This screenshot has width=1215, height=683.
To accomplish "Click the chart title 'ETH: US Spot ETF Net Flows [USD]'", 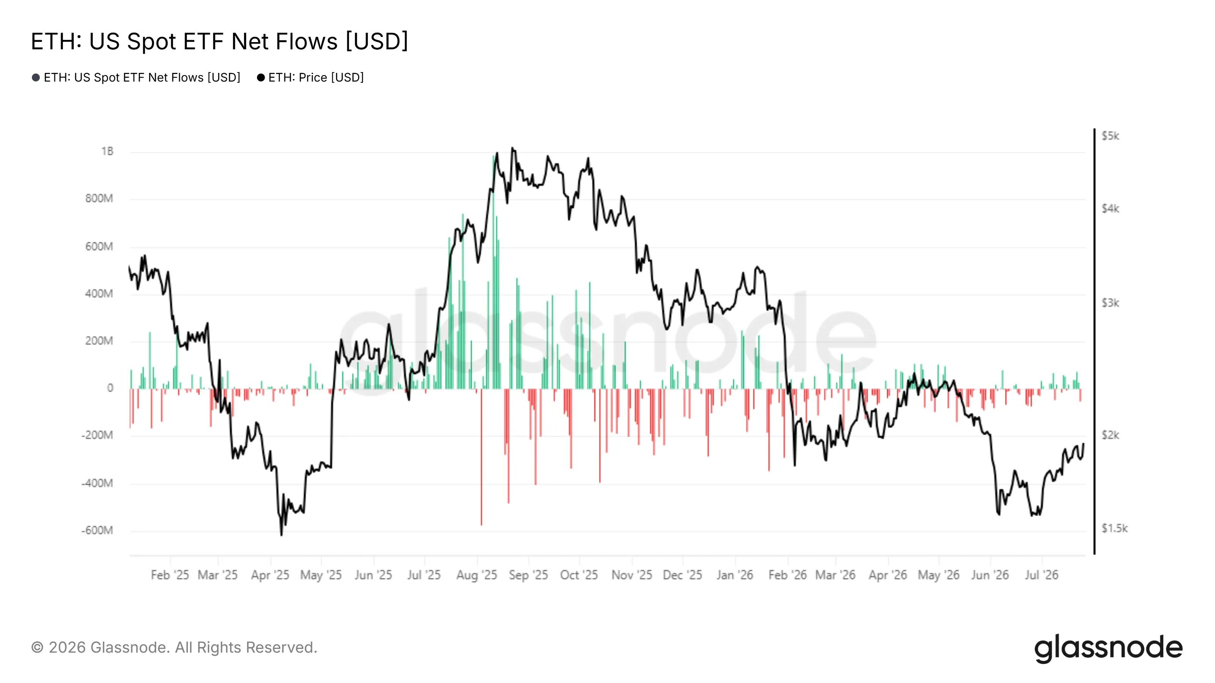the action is pos(219,41).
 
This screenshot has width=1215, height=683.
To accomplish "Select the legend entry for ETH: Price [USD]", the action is pos(310,77).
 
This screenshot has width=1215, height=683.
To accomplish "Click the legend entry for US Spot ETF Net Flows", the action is pos(136,77).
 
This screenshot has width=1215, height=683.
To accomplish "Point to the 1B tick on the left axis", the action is pos(107,151).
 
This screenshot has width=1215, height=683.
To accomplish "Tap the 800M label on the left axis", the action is pos(99,198).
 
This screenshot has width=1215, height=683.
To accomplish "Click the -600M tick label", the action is pos(97,530).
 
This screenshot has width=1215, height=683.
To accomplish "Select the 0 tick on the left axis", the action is pos(110,388).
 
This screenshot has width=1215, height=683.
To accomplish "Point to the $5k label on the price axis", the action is pos(1110,136).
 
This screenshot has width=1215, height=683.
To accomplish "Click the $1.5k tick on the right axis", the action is pos(1114,529).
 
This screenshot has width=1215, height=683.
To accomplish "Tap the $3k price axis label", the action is pos(1110,303).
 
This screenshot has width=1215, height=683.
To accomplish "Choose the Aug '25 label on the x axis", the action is pos(477,575).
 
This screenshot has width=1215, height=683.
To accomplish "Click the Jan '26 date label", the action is pos(735,575).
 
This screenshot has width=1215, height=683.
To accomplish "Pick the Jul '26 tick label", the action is pos(1041,575).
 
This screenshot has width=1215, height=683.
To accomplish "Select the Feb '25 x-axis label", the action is pos(170,575).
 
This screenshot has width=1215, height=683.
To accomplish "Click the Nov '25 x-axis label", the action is pos(631,575).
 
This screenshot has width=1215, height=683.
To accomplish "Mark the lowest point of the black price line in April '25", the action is pos(282,535).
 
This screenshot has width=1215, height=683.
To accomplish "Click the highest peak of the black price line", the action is pos(512,148).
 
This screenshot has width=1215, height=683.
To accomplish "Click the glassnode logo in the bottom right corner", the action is pos(1108,648).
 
